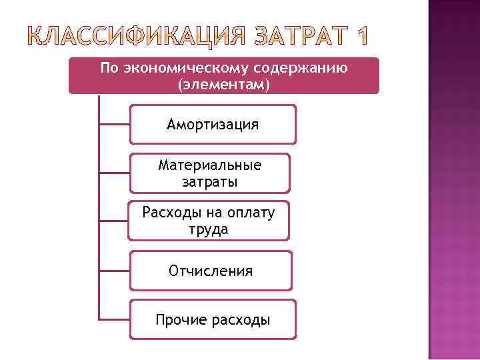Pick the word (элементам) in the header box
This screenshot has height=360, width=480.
click(x=223, y=85)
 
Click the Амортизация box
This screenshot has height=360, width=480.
click(x=213, y=125)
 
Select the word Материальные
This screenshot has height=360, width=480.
click(x=210, y=165)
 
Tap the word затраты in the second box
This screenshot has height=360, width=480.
click(x=209, y=181)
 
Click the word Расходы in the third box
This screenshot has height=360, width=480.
click(x=168, y=213)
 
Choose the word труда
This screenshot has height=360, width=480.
click(x=209, y=229)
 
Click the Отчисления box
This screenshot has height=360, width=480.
click(x=211, y=271)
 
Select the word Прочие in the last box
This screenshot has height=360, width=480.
click(x=181, y=320)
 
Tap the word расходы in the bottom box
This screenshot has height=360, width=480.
click(x=240, y=320)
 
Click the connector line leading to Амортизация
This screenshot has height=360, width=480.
click(x=114, y=124)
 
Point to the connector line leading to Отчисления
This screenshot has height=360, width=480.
click(x=114, y=271)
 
